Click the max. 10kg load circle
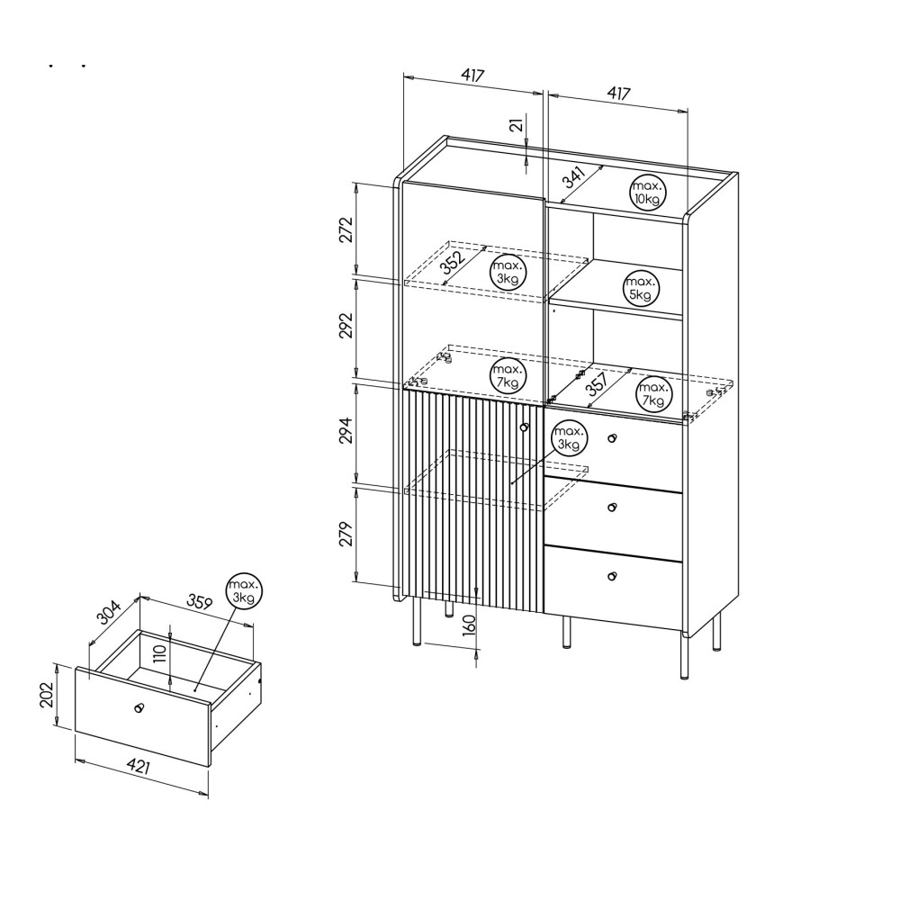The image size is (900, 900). pos(647,193)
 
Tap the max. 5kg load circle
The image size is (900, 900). pos(641,288)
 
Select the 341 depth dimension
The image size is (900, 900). pos(574,177)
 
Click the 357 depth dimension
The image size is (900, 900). pos(597,384)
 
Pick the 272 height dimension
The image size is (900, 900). pos(346,229)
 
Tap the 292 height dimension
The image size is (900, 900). pos(346,326)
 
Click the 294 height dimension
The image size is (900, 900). pos(346,430)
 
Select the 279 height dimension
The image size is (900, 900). pos(346,534)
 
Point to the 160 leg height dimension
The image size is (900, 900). pos(469,624)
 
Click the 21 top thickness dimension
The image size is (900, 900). pos(517,124)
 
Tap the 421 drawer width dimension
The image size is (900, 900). pos(139,765)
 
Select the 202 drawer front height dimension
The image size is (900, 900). pos(47,695)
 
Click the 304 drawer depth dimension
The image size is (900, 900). pos(109,612)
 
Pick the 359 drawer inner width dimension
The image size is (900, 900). pos(200,601)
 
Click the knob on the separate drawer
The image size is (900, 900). pos(138,707)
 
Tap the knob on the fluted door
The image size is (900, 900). pos(524,427)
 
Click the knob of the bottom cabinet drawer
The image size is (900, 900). pos(612,576)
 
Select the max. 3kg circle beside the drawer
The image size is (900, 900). pos(244,590)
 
